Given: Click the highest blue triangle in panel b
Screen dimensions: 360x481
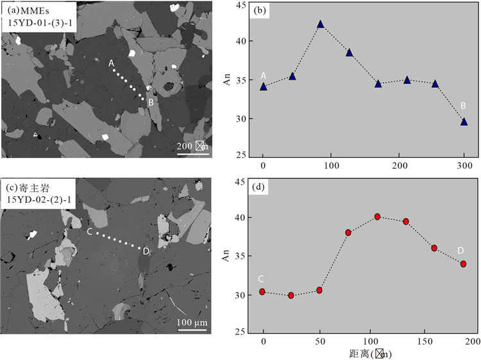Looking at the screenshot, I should pyautogui.click(x=320, y=24).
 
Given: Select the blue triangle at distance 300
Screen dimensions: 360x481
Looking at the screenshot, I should pyautogui.click(x=464, y=121).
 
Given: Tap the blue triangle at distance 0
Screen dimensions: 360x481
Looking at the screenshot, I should pyautogui.click(x=263, y=86).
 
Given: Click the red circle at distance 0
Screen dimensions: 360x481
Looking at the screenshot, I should pyautogui.click(x=263, y=291).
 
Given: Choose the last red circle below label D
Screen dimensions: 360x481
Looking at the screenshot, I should pyautogui.click(x=463, y=264).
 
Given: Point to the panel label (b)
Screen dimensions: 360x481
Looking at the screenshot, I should pyautogui.click(x=261, y=11).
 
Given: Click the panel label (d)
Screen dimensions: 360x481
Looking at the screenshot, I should pyautogui.click(x=261, y=187).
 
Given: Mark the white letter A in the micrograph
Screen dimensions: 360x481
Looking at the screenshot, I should pyautogui.click(x=112, y=63).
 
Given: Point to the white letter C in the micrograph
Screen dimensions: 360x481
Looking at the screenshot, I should pyautogui.click(x=89, y=232).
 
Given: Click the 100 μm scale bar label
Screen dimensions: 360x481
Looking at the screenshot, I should pyautogui.click(x=192, y=321).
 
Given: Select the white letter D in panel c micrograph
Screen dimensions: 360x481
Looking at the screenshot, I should pyautogui.click(x=146, y=251).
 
